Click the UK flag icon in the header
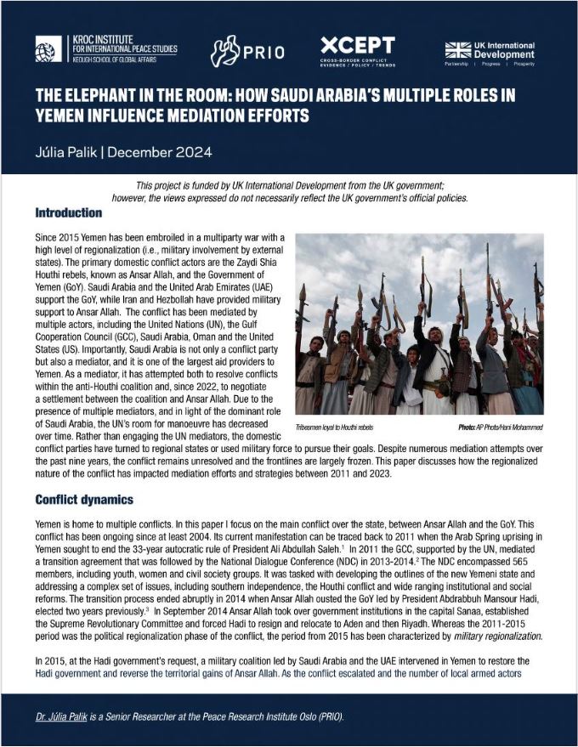point(457,48)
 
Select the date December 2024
point(159,155)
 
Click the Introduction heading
point(69,212)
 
